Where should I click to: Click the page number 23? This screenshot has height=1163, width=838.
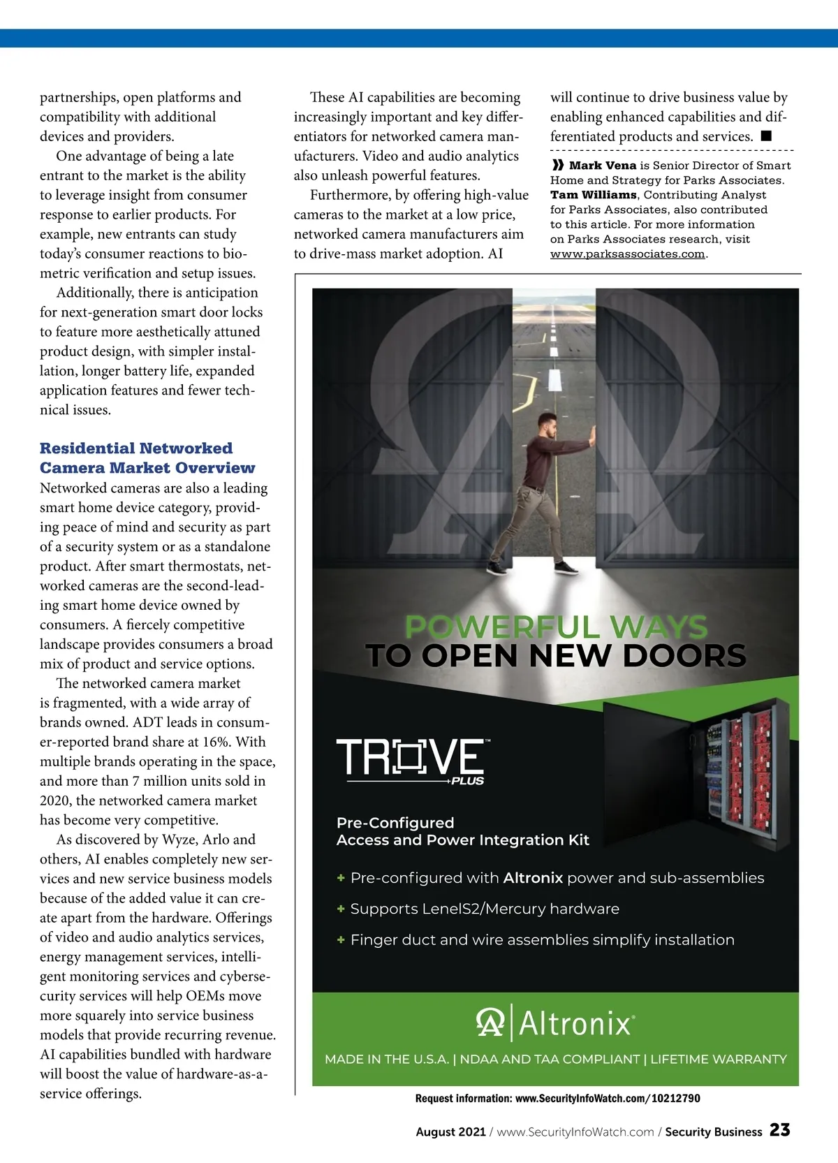(779, 1129)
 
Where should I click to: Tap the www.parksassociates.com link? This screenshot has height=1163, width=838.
(627, 254)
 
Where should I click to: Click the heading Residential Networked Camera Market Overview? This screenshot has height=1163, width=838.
(147, 458)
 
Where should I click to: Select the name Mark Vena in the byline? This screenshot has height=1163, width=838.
(602, 166)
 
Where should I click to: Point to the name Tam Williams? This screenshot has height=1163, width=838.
(593, 195)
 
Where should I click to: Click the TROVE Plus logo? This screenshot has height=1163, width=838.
(412, 761)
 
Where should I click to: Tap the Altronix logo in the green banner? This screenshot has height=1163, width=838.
(555, 1023)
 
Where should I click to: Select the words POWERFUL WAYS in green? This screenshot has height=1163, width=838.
(556, 627)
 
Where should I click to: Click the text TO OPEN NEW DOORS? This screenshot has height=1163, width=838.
(556, 656)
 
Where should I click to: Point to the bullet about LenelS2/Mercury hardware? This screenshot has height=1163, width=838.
(484, 909)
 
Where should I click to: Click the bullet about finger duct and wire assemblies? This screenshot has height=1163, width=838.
(542, 940)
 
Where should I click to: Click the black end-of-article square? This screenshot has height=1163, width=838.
(766, 136)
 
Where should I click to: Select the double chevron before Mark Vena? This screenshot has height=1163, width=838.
(557, 166)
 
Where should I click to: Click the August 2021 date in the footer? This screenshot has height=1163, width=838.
(450, 1132)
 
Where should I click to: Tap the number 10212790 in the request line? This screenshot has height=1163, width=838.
(675, 1098)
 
